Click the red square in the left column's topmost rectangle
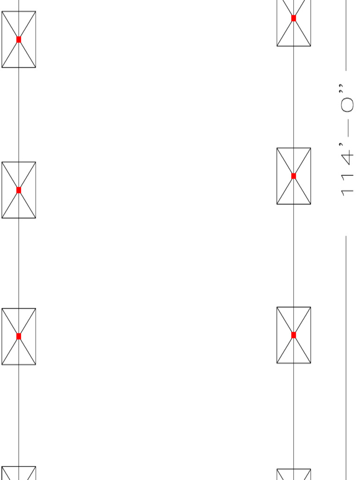[19, 39]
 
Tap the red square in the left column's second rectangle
[19, 190]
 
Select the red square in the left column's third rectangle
[19, 336]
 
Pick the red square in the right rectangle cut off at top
[293, 18]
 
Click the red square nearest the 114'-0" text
[293, 176]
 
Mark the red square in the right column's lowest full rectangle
[293, 335]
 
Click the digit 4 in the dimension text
[347, 159]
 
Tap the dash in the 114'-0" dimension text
[347, 132]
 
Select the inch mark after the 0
[341, 88]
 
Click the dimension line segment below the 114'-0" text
[346, 356]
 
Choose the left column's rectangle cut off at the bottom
[19, 473]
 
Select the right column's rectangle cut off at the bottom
[293, 474]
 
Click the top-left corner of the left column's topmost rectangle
[2, 12]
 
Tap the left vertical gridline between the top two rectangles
[19, 115]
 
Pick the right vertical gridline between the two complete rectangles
[293, 255]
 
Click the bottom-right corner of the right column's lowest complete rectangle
[310, 363]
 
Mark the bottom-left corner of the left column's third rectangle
[2, 364]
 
